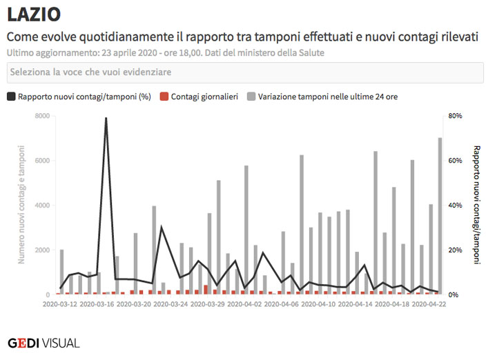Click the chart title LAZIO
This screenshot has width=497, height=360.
coord(33,14)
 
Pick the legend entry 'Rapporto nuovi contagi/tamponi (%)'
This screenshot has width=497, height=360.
coord(79,97)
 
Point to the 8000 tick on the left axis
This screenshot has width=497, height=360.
coord(42,116)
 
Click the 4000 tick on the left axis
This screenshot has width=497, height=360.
coord(42,206)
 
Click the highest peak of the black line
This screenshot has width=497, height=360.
coord(106,118)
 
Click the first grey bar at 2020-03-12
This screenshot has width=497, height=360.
coord(62,272)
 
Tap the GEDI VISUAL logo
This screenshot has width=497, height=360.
coord(43,343)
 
